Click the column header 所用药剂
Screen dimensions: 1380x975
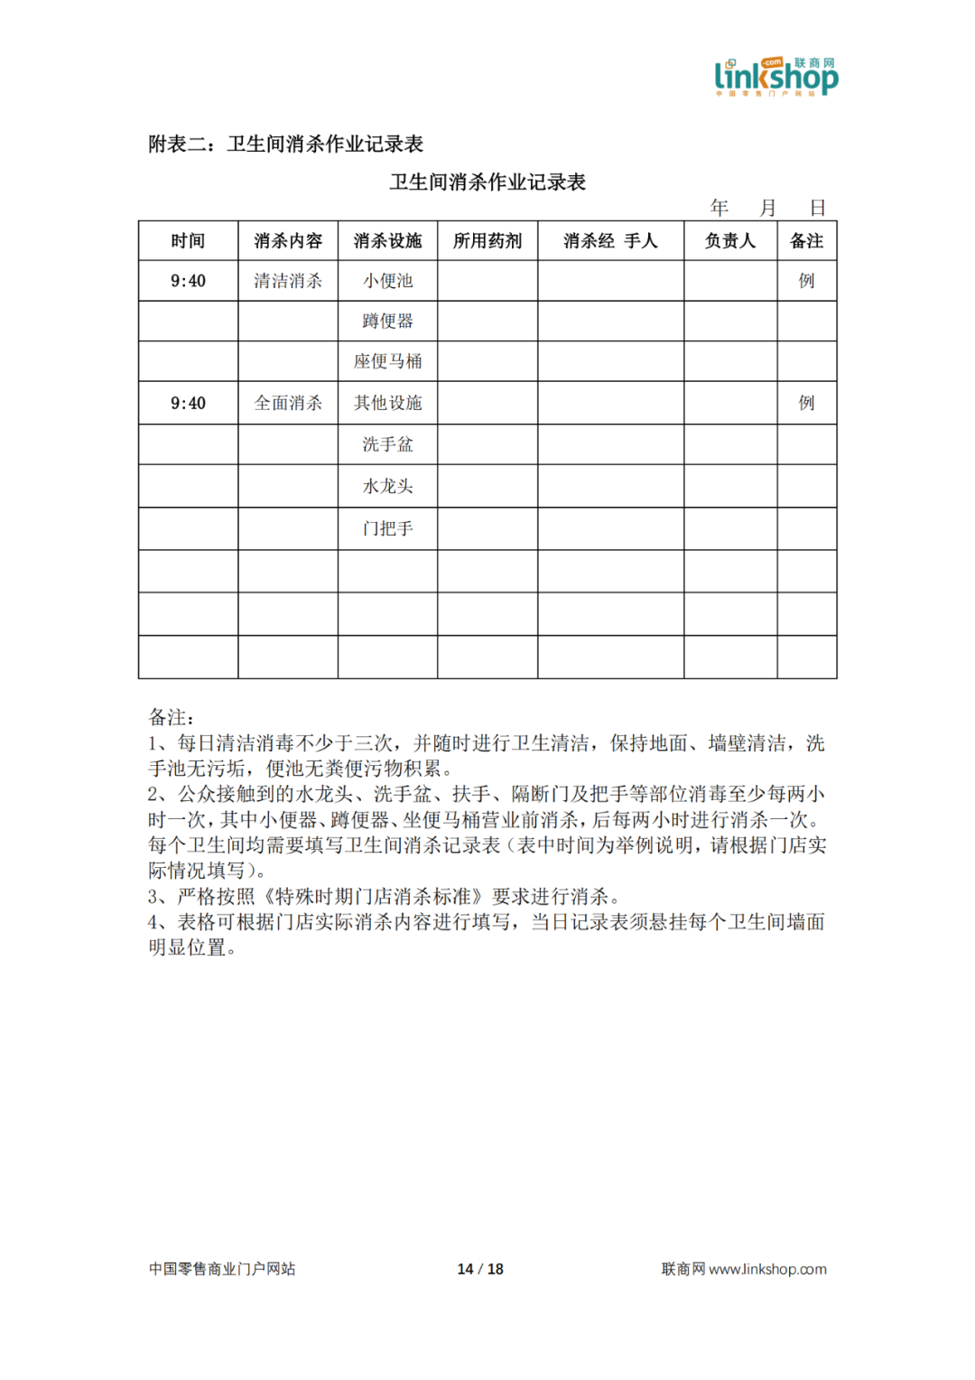click(x=487, y=241)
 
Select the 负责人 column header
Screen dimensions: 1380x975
click(x=729, y=241)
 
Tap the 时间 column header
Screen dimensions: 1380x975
click(x=188, y=241)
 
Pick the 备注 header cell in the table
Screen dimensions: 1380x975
click(x=806, y=241)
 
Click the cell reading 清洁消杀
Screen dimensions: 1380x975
click(x=288, y=281)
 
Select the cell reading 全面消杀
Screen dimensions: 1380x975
click(x=288, y=403)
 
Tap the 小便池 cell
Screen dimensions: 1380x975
click(x=388, y=281)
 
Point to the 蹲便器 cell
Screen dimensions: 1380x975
click(x=388, y=321)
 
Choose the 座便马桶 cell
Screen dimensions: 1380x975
click(x=388, y=361)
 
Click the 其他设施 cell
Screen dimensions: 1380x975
click(x=388, y=403)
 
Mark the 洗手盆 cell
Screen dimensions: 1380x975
click(x=388, y=444)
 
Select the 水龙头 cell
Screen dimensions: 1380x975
click(x=388, y=486)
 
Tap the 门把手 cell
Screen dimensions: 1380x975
click(x=388, y=528)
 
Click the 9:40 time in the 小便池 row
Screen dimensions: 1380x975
click(x=188, y=281)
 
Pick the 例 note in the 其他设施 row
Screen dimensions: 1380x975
click(x=806, y=403)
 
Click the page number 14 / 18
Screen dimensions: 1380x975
click(x=480, y=1269)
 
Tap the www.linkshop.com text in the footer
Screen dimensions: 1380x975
click(x=767, y=1269)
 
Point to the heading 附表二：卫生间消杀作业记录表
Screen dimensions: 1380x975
click(x=286, y=145)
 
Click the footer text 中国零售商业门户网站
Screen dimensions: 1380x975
click(x=222, y=1269)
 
